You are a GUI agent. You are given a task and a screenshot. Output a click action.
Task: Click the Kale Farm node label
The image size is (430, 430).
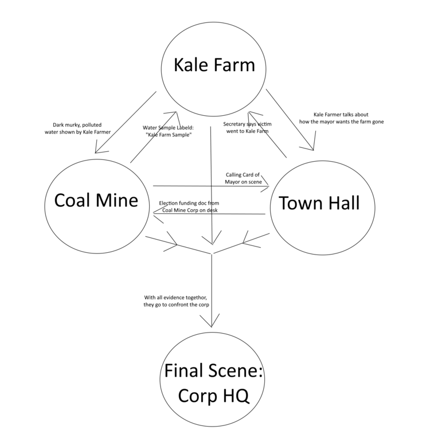coord(214,64)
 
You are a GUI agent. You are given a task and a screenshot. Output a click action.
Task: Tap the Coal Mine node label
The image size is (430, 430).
coord(96,200)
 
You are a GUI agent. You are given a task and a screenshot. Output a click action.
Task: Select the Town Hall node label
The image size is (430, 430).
coord(319,202)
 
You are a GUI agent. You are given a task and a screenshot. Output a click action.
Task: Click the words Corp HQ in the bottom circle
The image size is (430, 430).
coord(213,395)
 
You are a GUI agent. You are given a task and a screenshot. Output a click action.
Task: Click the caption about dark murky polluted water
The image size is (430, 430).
coord(77,128)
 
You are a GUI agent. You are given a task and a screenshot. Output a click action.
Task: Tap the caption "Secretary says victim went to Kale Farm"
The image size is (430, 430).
coord(246,127)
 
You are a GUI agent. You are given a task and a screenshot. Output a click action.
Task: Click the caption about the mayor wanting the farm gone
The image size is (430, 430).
coord(341,118)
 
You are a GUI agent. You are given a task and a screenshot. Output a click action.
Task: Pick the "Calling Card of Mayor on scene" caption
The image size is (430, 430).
coord(244,177)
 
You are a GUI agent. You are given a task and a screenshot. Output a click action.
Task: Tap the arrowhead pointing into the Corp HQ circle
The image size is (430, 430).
coord(213,323)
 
